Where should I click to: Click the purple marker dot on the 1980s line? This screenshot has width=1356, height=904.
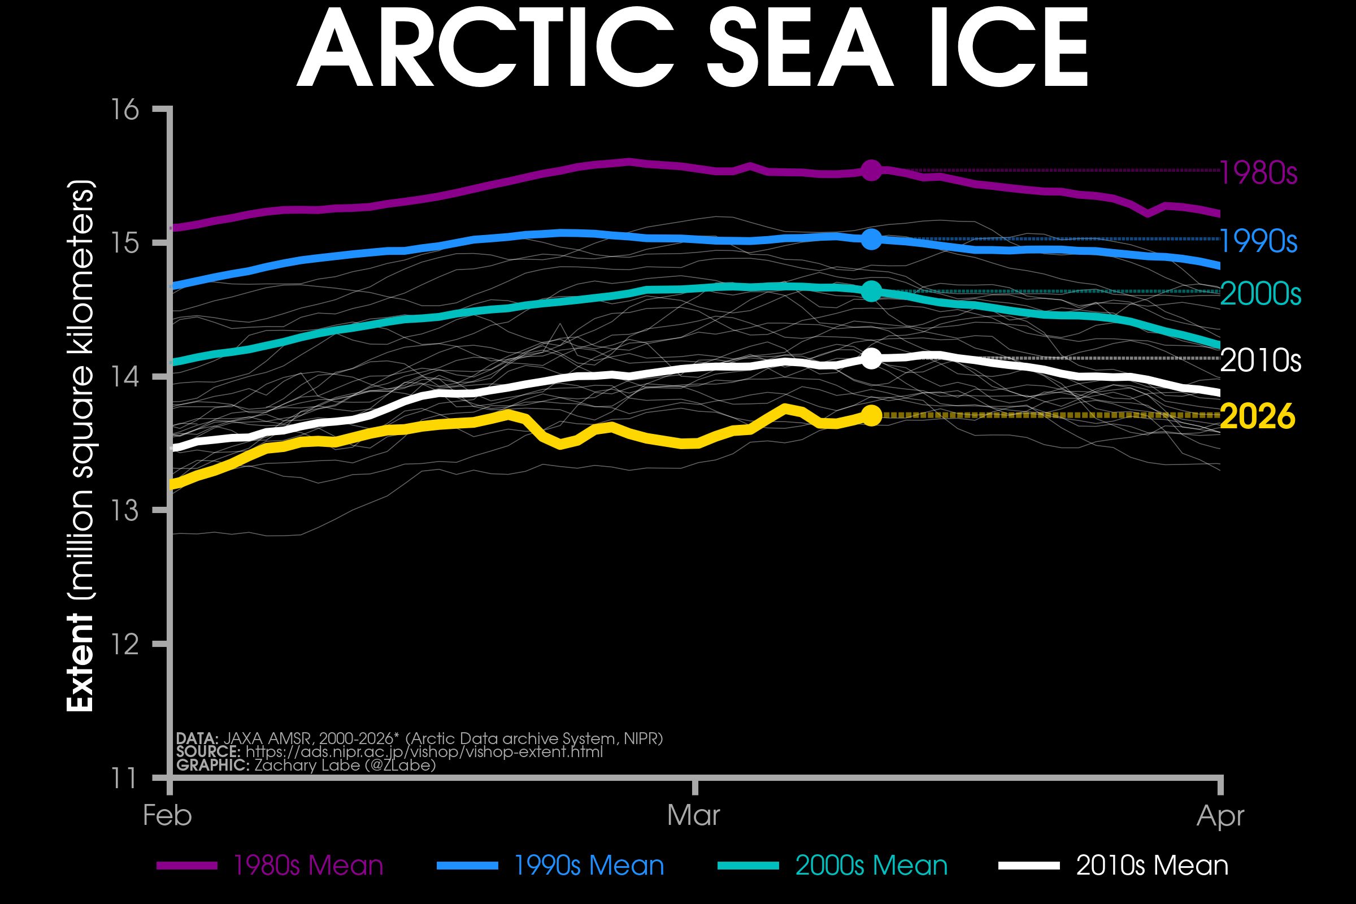click(x=871, y=170)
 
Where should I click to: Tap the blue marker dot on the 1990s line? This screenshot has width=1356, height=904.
click(x=871, y=239)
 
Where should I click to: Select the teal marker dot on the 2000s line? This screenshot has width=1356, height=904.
click(x=871, y=291)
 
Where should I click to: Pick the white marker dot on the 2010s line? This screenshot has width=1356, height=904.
click(x=871, y=359)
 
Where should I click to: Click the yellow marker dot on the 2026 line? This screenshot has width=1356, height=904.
click(x=871, y=415)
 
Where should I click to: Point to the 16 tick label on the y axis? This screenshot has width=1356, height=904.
click(x=124, y=110)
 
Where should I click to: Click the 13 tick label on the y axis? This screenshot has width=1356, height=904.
click(x=124, y=511)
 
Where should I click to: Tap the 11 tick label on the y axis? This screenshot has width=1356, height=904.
click(x=124, y=779)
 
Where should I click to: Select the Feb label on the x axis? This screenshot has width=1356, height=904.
click(x=167, y=816)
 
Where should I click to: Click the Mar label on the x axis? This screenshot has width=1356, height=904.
click(x=694, y=816)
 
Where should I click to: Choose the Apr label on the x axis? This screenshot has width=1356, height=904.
click(x=1220, y=816)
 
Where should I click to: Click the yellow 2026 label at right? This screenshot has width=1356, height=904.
click(x=1258, y=416)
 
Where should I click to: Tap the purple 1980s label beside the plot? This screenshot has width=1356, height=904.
click(x=1258, y=173)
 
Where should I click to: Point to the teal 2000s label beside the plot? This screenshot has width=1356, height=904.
click(x=1261, y=294)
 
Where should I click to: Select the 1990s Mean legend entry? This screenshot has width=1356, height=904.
click(x=589, y=866)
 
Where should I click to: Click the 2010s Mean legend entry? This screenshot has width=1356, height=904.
click(x=1152, y=866)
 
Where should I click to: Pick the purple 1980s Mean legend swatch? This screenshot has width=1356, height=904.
click(x=187, y=866)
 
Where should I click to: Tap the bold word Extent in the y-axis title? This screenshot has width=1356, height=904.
click(x=80, y=662)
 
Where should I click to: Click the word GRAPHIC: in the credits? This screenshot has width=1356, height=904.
click(x=213, y=765)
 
